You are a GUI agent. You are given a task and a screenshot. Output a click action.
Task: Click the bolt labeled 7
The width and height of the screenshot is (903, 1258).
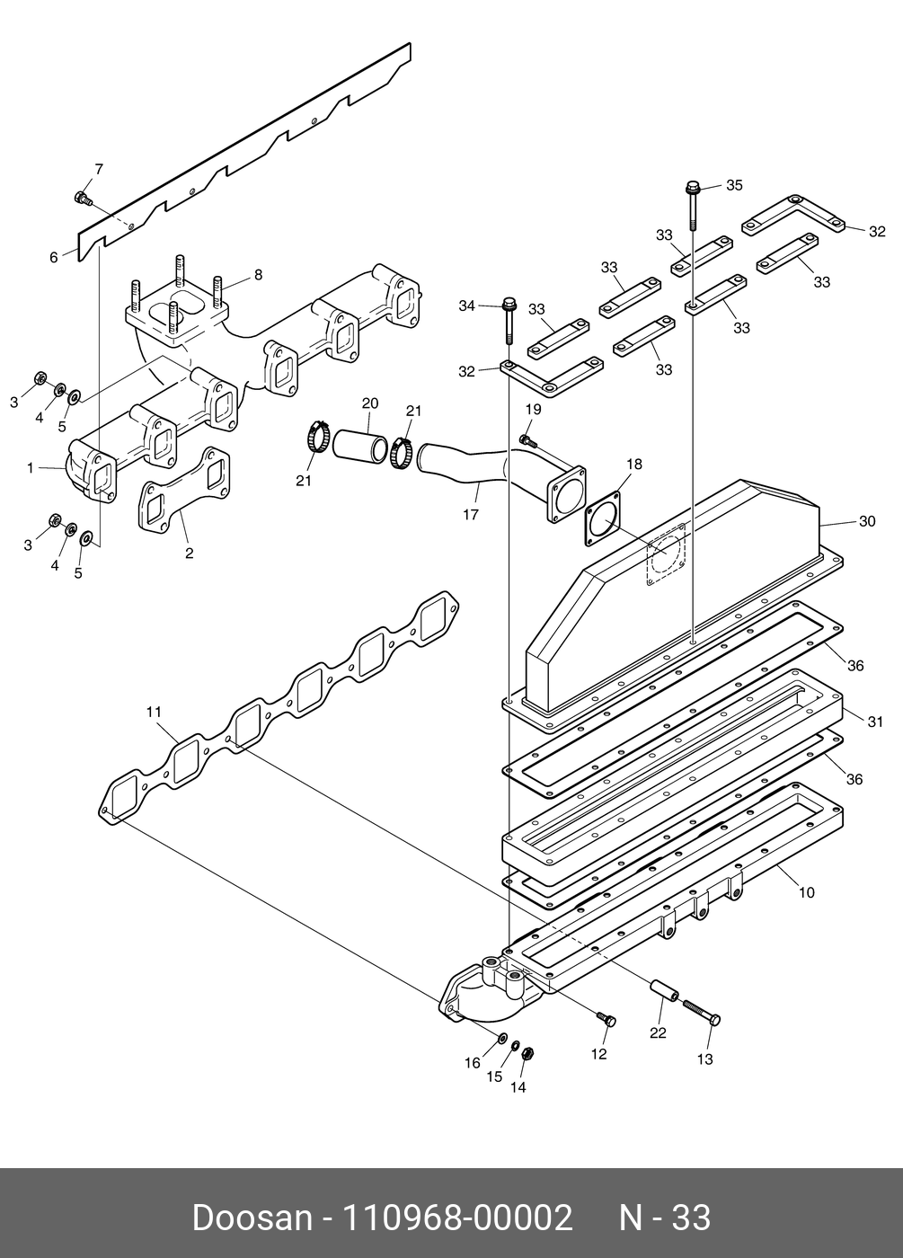[83, 198]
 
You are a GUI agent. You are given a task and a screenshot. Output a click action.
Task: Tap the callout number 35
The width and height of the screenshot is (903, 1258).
[735, 185]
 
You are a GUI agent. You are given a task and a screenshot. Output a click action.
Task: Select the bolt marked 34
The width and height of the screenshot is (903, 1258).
[509, 320]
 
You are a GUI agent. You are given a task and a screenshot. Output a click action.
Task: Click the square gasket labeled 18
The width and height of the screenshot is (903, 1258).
[604, 518]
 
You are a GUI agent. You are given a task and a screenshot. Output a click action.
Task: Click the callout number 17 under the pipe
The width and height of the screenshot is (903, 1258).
[471, 514]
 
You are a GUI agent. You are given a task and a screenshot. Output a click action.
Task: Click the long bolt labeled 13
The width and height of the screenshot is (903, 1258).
[702, 1012]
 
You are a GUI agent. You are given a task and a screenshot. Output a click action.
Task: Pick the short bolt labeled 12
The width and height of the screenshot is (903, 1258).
[606, 1017]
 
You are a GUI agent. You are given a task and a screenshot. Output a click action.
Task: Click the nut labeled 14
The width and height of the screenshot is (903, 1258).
[527, 1053]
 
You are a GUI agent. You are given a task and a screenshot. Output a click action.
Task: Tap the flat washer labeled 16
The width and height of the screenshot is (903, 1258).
[502, 1036]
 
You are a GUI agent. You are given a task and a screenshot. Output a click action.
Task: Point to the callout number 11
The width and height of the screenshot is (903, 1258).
[154, 712]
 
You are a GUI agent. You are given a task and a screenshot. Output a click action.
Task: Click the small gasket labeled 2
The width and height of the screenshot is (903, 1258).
[183, 490]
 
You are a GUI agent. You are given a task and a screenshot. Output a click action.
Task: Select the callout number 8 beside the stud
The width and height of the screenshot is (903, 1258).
[258, 275]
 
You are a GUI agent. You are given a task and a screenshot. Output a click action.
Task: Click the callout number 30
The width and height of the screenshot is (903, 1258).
[867, 521]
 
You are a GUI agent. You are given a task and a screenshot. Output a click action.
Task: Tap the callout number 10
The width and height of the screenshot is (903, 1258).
[807, 892]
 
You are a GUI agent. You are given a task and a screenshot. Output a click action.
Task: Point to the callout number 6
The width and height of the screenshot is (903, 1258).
[53, 257]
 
